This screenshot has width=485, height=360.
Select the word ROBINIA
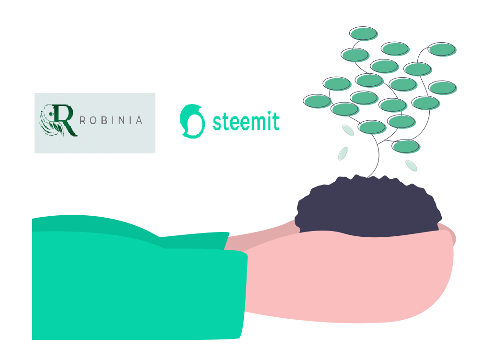[111, 120]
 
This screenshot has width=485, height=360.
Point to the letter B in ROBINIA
[104, 120]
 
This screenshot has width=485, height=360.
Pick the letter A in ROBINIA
[139, 120]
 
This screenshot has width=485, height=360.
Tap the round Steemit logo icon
[192, 121]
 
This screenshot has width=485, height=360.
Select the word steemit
[246, 121]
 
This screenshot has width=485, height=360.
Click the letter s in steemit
[217, 123]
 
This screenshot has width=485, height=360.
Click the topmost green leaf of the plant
[364, 34]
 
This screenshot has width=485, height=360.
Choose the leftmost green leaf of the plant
[317, 101]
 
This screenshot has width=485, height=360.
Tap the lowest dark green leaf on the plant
[406, 146]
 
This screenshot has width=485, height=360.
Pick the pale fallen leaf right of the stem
[412, 165]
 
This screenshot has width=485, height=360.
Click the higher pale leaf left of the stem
[348, 130]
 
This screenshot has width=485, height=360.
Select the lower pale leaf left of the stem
[343, 153]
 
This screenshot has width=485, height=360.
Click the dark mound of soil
[368, 206]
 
